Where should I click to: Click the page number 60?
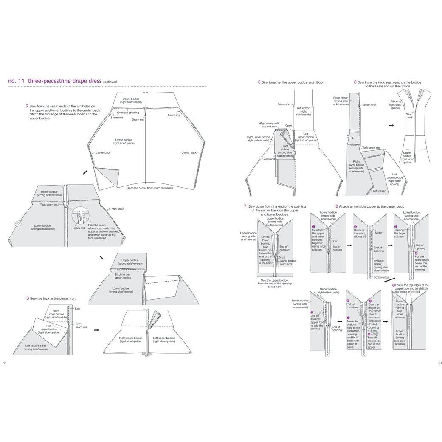click(4, 363)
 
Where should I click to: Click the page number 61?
click(440, 363)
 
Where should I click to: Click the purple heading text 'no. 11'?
click(17, 81)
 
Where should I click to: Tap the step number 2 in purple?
click(27, 106)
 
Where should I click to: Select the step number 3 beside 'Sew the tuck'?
click(27, 298)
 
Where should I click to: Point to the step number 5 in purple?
click(259, 82)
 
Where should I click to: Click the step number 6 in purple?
click(355, 82)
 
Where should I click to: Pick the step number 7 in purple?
click(245, 206)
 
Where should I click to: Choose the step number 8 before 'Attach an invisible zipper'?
click(337, 206)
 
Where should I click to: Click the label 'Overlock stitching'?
click(127, 113)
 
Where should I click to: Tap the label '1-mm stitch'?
click(115, 209)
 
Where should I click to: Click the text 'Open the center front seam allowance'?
click(150, 188)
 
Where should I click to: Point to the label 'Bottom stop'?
click(380, 277)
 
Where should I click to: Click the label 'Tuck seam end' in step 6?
click(371, 148)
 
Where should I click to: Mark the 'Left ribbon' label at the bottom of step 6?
click(380, 191)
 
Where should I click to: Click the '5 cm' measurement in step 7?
click(281, 257)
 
